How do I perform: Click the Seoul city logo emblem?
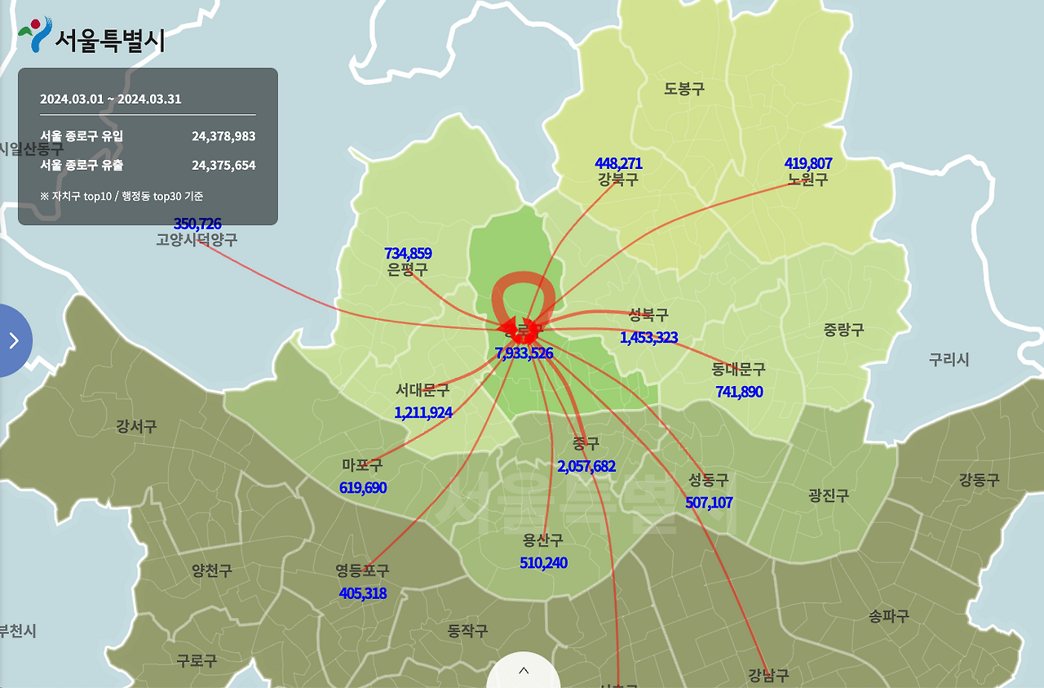pos(34,34)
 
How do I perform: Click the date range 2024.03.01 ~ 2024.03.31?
pos(111,100)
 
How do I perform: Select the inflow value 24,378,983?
pos(223,136)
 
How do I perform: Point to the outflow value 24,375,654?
pos(223,166)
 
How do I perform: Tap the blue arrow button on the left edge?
pos(14,340)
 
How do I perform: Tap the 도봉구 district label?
pos(684,89)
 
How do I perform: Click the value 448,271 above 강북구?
pos(618,163)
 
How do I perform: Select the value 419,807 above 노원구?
pos(807,163)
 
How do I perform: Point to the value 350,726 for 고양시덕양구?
pos(197,224)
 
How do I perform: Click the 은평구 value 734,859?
pos(408,254)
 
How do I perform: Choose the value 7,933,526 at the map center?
pos(524,353)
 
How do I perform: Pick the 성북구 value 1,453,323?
pos(648,337)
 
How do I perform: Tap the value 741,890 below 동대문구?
pos(739,392)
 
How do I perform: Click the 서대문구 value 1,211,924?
pos(422,412)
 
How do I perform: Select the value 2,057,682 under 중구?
pos(586,466)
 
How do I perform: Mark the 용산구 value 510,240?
pos(543,563)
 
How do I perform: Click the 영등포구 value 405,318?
pos(362,593)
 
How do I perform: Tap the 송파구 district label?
pos(888,616)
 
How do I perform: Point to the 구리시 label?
pos(949,359)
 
